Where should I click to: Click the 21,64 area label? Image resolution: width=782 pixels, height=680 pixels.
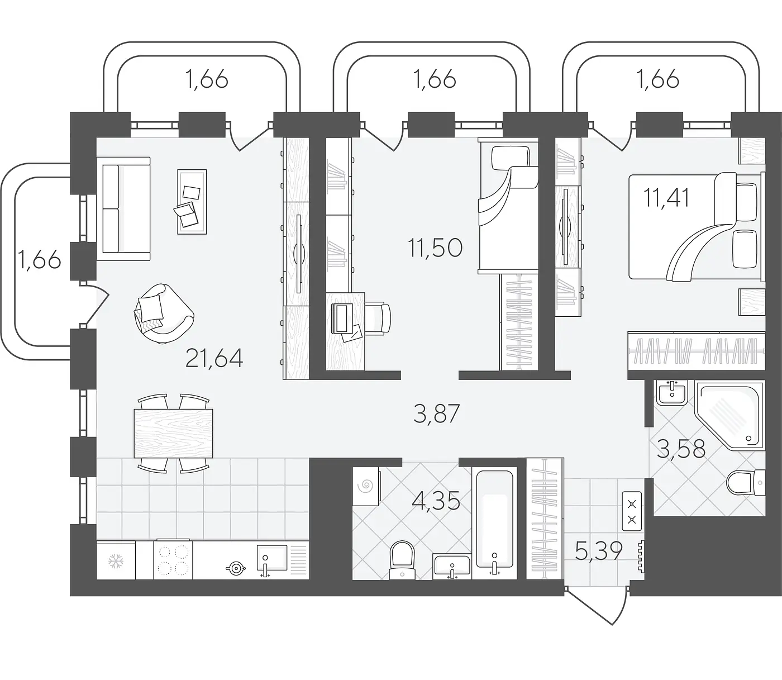(x=214, y=359)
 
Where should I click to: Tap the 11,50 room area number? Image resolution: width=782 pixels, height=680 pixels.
(x=435, y=248)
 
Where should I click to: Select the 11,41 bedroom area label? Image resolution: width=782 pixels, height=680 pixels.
(x=666, y=198)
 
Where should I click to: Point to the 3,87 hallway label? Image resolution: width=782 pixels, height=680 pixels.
(x=436, y=413)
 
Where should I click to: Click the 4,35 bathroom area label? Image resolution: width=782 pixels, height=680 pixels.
(x=436, y=501)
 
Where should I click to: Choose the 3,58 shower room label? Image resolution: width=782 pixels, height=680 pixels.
(x=681, y=449)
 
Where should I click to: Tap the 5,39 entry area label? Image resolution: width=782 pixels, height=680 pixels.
(x=599, y=551)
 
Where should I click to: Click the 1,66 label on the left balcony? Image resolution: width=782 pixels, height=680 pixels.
(x=39, y=259)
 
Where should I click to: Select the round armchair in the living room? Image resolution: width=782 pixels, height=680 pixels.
(x=164, y=314)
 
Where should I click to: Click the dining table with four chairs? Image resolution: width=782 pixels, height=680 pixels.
(x=174, y=434)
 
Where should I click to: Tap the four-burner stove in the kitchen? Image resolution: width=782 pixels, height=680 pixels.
(x=173, y=560)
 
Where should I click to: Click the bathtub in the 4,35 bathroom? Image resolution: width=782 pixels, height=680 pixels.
(x=494, y=523)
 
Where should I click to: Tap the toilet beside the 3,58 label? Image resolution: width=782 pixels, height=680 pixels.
(x=745, y=483)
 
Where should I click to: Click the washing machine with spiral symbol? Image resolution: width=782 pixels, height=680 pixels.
(x=366, y=486)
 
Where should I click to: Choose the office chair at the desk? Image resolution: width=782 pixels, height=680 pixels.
(x=378, y=317)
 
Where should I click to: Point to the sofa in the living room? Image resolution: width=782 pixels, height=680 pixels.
(x=123, y=209)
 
